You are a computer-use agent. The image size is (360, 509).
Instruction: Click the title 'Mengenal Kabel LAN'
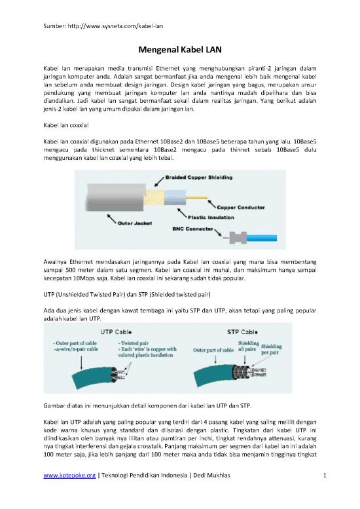tap(179, 48)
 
